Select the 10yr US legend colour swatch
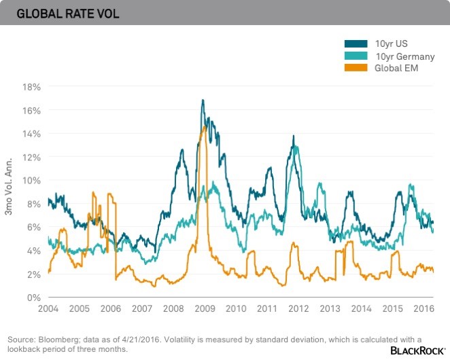[x=356, y=44]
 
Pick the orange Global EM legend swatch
[x=356, y=68]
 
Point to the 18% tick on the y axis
[x=32, y=87]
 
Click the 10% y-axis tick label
[x=32, y=181]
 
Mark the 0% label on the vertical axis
[x=34, y=298]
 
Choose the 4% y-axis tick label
[x=34, y=251]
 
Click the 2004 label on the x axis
[x=48, y=308]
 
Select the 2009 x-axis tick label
[x=205, y=308]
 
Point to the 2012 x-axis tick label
[x=298, y=308]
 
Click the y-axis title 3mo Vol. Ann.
[x=9, y=192]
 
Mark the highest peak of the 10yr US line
[x=203, y=101]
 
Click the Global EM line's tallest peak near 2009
[x=204, y=126]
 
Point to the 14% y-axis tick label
[x=32, y=134]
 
